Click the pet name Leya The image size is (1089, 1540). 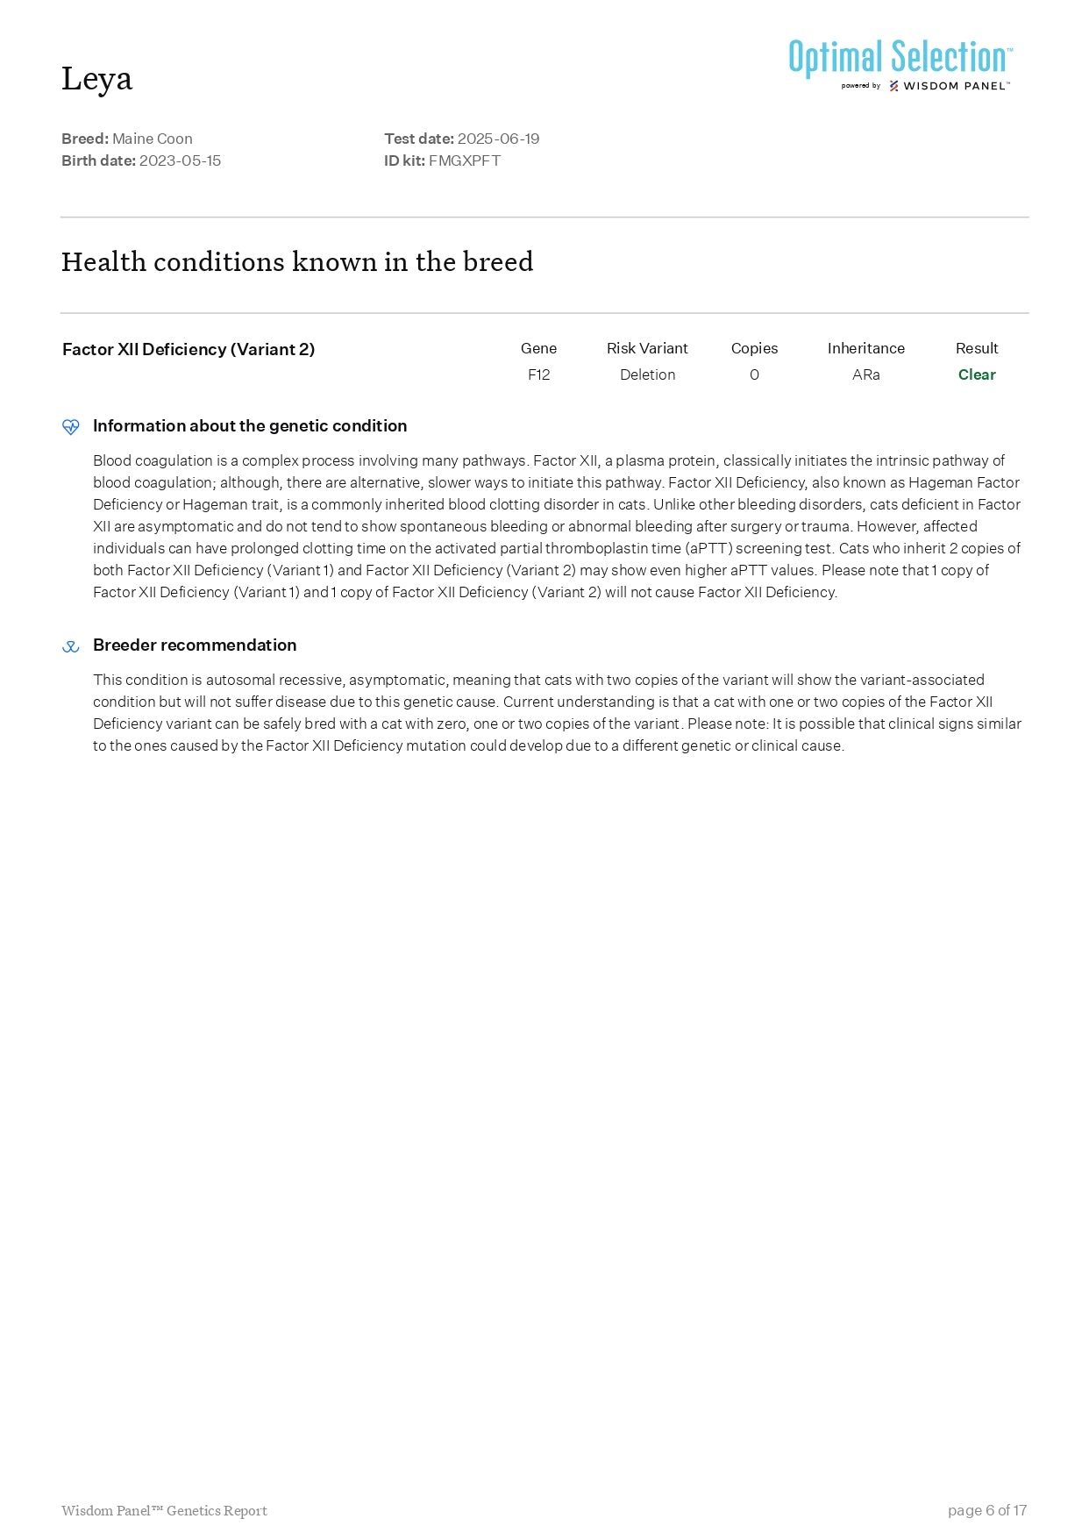pyautogui.click(x=96, y=79)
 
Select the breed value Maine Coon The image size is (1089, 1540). pyautogui.click(x=153, y=139)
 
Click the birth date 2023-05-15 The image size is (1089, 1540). pyautogui.click(x=180, y=160)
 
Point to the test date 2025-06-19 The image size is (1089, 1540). pyautogui.click(x=498, y=139)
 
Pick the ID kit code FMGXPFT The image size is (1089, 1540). pyautogui.click(x=464, y=160)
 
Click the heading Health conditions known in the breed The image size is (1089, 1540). pyautogui.click(x=297, y=261)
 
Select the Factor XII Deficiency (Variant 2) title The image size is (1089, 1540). pyautogui.click(x=189, y=349)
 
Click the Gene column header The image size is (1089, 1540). pyautogui.click(x=538, y=348)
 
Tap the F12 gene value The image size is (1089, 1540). pyautogui.click(x=538, y=374)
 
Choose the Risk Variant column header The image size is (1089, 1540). pyautogui.click(x=647, y=348)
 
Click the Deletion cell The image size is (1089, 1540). pyautogui.click(x=647, y=374)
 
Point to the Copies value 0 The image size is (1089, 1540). pyautogui.click(x=754, y=374)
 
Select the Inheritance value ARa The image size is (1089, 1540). pyautogui.click(x=865, y=374)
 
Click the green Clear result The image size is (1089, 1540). pyautogui.click(x=977, y=374)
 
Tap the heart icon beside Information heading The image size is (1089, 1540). pyautogui.click(x=71, y=427)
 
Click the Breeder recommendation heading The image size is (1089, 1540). pyautogui.click(x=195, y=645)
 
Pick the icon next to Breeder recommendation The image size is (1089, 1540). pyautogui.click(x=71, y=646)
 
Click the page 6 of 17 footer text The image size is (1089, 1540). pyautogui.click(x=986, y=1510)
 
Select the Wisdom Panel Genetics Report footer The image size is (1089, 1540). pyautogui.click(x=164, y=1510)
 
